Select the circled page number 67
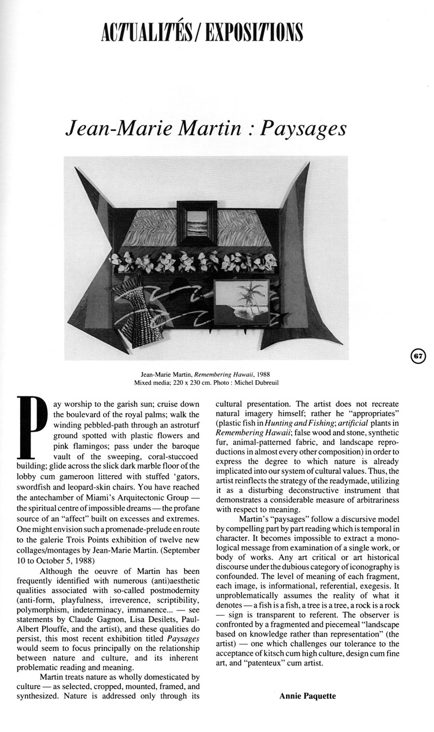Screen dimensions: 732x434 pyautogui.click(x=418, y=356)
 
